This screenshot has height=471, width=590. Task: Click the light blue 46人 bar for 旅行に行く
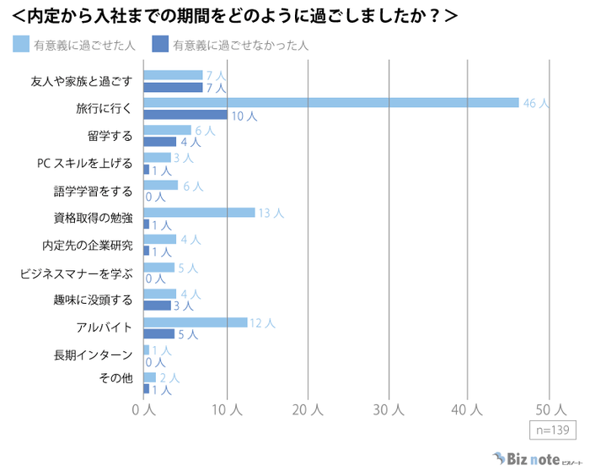[x=331, y=103]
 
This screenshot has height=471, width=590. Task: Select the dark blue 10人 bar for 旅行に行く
[x=185, y=115]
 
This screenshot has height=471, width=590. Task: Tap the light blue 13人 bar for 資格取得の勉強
[x=199, y=213]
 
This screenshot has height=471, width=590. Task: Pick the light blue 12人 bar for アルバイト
[x=196, y=322]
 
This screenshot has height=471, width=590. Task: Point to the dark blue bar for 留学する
[x=160, y=142]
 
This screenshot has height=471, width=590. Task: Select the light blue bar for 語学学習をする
[x=161, y=185]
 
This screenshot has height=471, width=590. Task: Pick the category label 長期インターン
[x=94, y=355]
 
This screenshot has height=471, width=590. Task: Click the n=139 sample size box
[x=552, y=430]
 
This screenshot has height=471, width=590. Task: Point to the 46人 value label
[x=535, y=103]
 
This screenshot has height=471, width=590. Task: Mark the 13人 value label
[x=271, y=213]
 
